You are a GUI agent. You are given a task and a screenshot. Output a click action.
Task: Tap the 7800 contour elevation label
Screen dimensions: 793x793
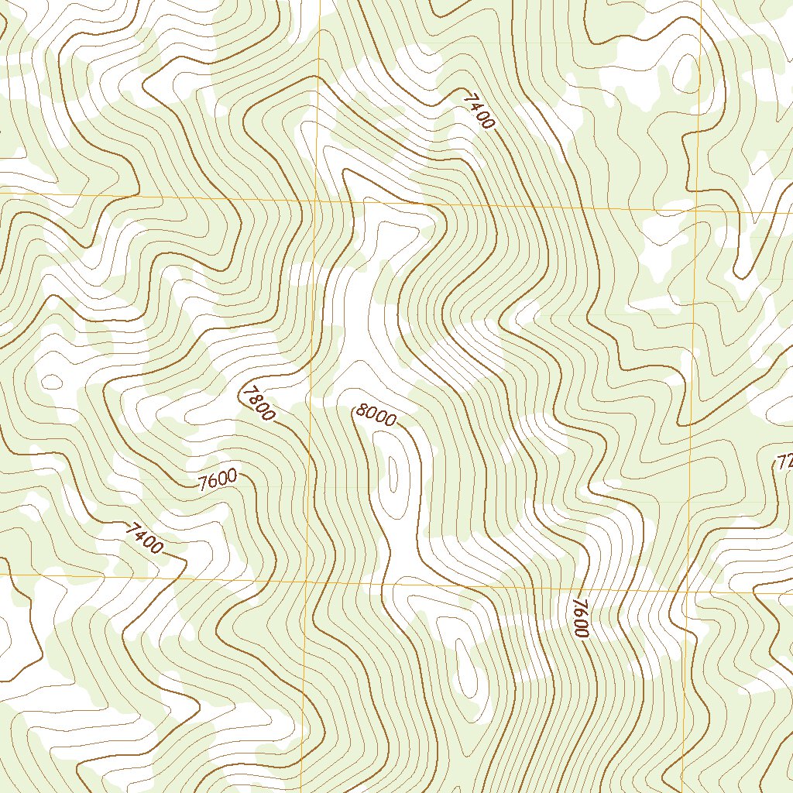[258, 403]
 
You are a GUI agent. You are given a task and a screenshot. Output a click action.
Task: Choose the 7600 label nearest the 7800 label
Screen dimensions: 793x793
[218, 481]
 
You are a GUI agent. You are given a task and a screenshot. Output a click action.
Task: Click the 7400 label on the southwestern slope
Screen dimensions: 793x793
[145, 538]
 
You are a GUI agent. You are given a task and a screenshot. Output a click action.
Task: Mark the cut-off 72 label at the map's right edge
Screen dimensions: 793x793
[784, 463]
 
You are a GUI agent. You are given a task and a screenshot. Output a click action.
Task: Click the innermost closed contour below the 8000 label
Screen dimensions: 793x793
[393, 474]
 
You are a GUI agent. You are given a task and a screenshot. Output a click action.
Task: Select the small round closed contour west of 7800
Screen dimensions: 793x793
[52, 381]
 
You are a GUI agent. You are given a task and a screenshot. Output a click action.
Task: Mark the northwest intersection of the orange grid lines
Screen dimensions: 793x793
[317, 201]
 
